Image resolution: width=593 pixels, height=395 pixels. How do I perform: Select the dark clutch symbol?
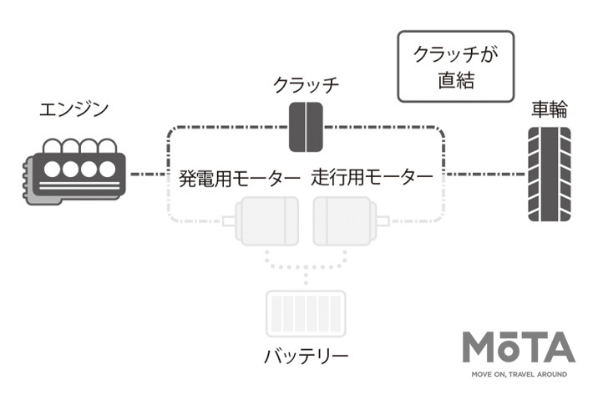click(306, 127)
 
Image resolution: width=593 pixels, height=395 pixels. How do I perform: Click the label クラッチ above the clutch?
click(307, 85)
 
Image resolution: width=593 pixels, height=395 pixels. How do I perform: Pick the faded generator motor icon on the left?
click(265, 220)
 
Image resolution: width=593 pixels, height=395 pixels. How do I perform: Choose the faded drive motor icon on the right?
click(345, 220)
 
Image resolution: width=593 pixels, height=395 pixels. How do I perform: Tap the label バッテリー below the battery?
click(305, 357)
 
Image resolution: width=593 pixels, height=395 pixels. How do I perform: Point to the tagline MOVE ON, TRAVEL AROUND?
click(518, 374)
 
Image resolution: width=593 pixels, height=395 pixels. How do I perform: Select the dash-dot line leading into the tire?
click(484, 175)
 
